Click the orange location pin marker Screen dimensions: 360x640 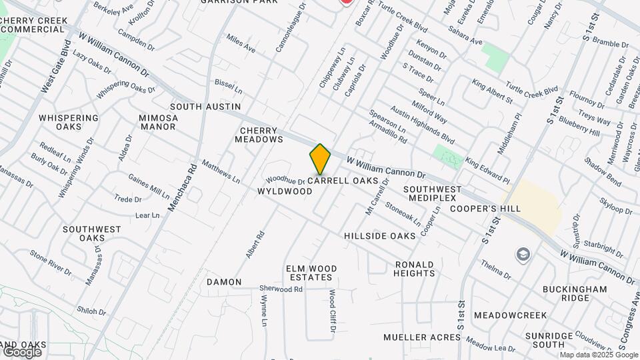(320, 160)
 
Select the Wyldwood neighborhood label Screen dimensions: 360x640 (285, 191)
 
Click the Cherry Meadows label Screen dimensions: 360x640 (259, 135)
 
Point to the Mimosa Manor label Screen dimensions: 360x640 (159, 122)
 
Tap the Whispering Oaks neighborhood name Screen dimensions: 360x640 (69, 122)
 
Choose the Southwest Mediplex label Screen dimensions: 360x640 (432, 193)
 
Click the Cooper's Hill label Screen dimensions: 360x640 (485, 209)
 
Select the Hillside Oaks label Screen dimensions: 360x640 (380, 236)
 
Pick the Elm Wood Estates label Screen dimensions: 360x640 (311, 273)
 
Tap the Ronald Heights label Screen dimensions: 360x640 (414, 269)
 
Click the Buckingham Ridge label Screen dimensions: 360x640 (574, 294)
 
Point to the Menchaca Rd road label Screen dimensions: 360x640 (181, 188)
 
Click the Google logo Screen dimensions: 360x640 (21, 351)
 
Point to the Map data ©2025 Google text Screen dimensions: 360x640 (598, 355)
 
